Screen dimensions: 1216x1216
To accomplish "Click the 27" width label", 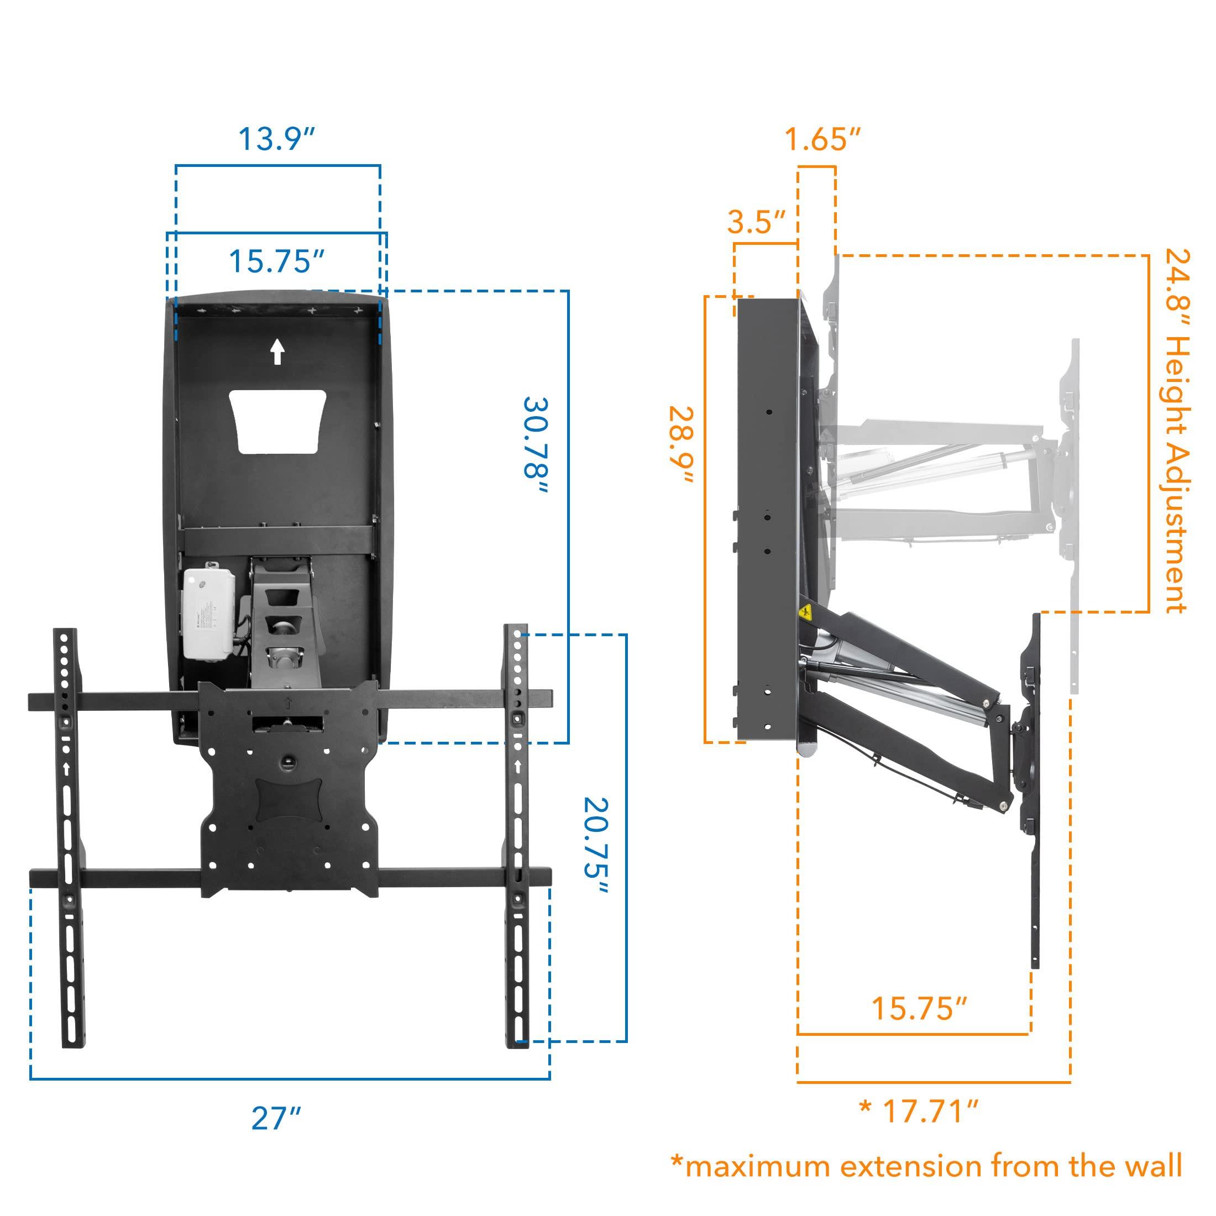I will [276, 1118].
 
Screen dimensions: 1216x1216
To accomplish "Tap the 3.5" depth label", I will [757, 222].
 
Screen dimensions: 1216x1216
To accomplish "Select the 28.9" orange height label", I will [682, 445].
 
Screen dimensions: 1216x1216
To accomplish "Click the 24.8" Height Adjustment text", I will [1176, 431].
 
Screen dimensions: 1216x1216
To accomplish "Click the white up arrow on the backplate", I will [277, 353].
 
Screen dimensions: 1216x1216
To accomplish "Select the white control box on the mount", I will [208, 614].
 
